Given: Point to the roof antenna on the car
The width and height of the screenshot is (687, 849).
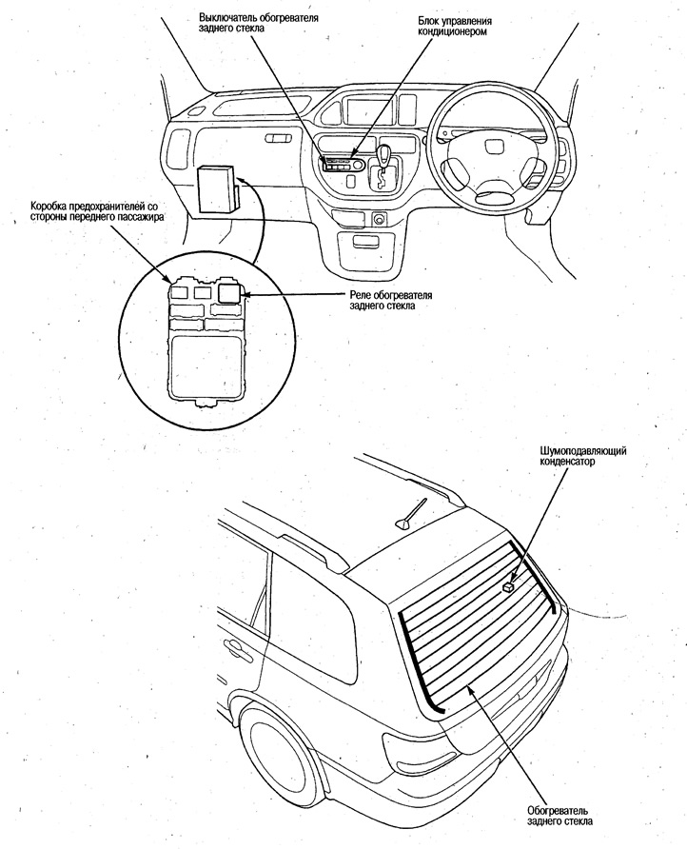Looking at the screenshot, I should tap(407, 515).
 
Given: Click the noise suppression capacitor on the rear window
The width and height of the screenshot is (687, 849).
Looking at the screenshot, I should tap(509, 588).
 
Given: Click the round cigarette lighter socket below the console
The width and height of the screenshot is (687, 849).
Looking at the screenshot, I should tap(379, 220).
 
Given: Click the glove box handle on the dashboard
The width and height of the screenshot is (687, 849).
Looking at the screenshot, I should tap(279, 139).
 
